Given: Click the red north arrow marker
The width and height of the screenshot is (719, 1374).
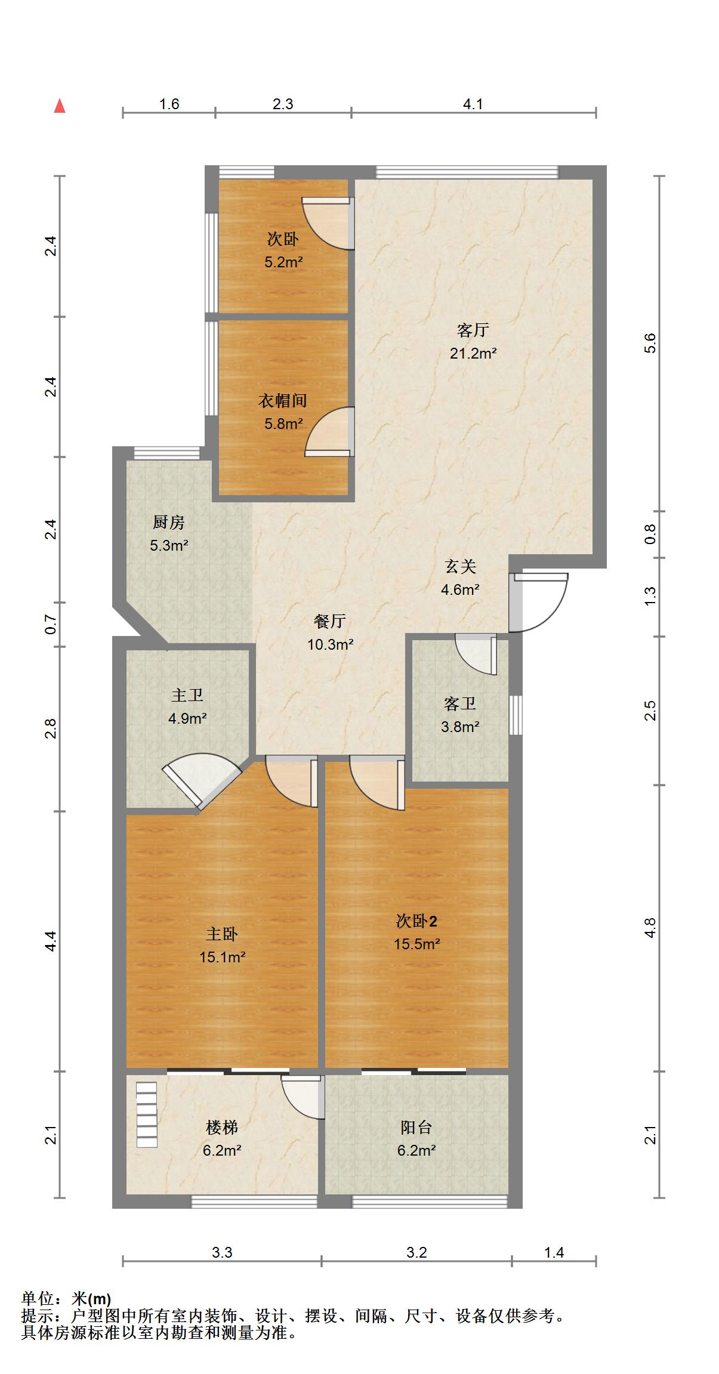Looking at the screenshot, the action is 60,106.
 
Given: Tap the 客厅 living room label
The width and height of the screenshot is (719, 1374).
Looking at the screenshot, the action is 473,330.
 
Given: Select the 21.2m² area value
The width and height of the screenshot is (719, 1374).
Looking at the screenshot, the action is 473,353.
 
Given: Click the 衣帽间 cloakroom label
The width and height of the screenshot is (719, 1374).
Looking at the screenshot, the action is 283,400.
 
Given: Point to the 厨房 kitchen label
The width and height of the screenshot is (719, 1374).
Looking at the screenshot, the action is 169,523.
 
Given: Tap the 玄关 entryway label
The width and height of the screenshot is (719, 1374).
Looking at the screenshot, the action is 461,566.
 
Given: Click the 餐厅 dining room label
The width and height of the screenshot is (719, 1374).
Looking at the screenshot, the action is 330,621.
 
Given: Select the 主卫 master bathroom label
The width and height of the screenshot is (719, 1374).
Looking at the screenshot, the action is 187,695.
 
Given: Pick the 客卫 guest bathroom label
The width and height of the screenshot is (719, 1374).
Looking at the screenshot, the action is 460,704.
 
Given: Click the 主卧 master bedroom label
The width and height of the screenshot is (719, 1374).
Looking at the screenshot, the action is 222,934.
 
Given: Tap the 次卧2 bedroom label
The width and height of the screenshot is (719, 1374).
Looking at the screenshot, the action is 416,921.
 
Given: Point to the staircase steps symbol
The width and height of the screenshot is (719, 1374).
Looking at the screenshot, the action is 147,1114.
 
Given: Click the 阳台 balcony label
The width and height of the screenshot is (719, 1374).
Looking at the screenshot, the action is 416,1128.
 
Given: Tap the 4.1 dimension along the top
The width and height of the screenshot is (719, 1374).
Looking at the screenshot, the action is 473,104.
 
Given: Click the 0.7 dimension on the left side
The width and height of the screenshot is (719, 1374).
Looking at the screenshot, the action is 51,625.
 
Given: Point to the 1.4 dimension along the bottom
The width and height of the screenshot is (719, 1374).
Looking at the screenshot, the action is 554,1252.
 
